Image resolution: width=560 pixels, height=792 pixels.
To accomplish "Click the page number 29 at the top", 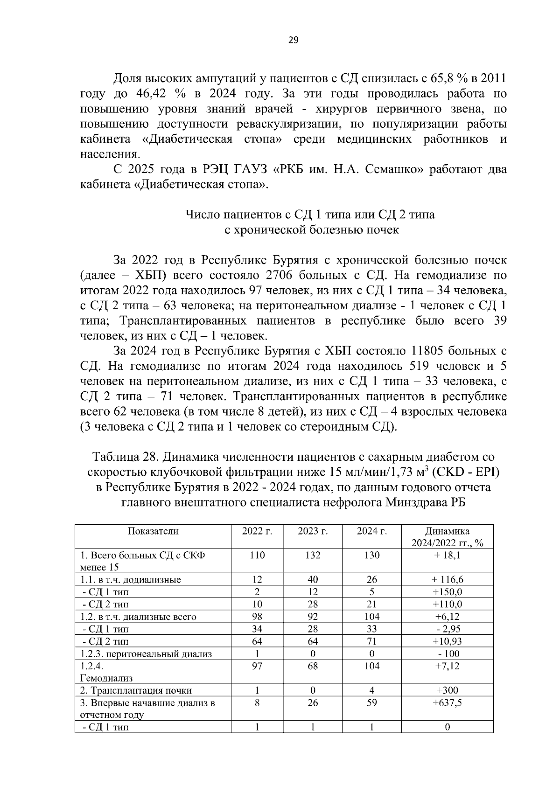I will [x=293, y=40].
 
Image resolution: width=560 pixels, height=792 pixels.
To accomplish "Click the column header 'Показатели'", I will [x=153, y=531].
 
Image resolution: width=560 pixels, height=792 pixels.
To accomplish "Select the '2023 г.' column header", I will [x=313, y=531].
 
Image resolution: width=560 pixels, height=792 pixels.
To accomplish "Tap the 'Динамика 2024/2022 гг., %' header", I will [x=447, y=537].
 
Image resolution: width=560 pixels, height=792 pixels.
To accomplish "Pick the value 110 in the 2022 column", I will [x=257, y=555].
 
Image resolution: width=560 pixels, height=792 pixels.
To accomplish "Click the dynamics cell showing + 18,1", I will [x=447, y=555].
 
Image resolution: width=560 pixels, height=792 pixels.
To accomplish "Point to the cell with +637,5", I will [x=447, y=702].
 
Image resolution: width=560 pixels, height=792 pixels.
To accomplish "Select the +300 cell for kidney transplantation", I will [x=447, y=690].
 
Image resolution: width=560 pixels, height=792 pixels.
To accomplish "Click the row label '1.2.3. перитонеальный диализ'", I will [x=146, y=654].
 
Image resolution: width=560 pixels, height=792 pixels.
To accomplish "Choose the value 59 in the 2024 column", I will [x=372, y=702].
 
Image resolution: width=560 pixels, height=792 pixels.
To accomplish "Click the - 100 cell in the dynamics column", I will [x=447, y=654].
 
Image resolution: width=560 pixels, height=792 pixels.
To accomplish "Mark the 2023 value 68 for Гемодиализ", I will [x=313, y=666].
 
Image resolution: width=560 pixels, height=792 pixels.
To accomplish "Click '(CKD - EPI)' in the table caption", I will [x=466, y=472].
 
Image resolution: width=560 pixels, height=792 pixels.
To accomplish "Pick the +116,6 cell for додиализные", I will [x=447, y=580].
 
